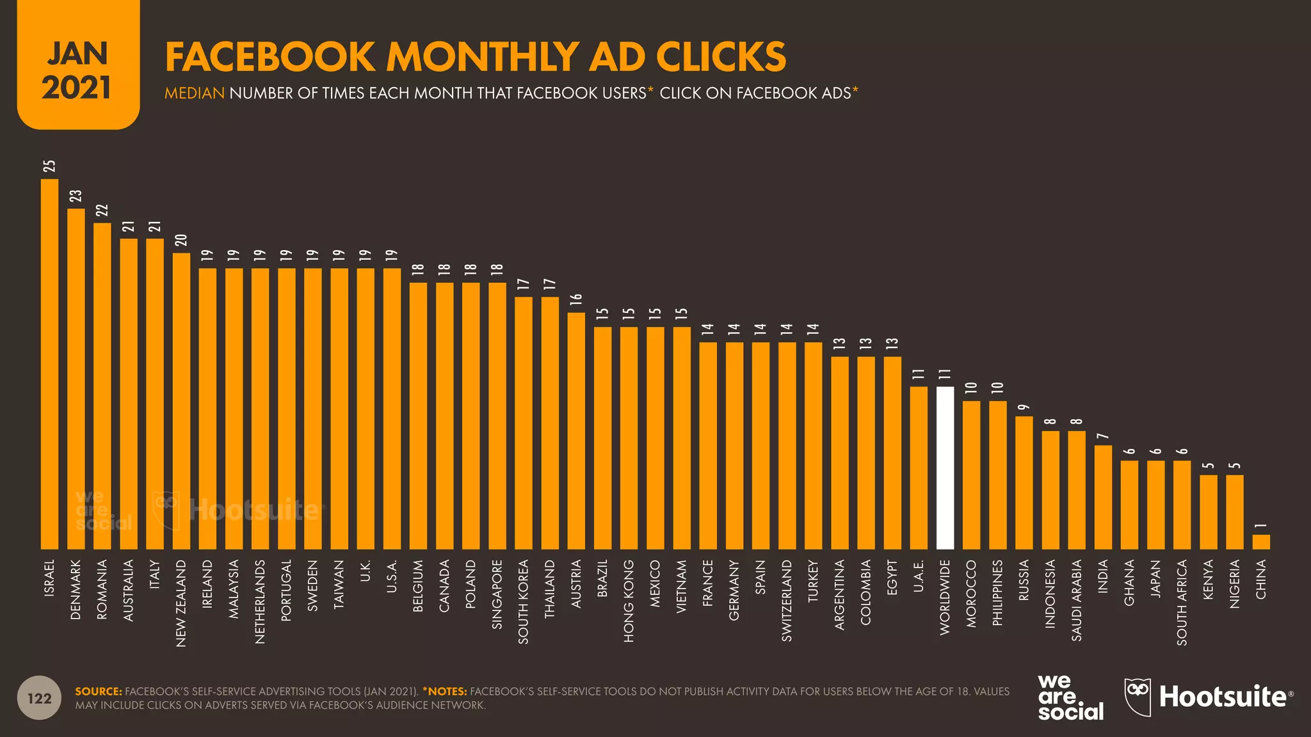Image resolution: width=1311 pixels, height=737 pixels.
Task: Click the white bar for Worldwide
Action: click(x=945, y=468)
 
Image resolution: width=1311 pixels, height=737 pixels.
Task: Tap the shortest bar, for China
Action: click(x=1260, y=542)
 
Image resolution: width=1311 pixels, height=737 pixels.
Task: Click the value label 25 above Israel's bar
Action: click(x=49, y=166)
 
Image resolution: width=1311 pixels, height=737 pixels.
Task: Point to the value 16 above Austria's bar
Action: click(x=576, y=299)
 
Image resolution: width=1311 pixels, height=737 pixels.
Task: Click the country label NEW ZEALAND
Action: click(x=181, y=603)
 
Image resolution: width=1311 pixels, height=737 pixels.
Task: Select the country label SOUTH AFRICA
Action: click(x=1182, y=602)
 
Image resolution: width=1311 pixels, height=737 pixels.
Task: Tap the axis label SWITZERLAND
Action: click(x=787, y=600)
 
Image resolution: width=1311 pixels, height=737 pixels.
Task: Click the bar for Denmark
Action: click(x=76, y=379)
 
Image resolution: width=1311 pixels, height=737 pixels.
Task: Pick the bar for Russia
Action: click(x=1024, y=482)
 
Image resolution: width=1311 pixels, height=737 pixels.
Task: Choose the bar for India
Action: click(x=1103, y=497)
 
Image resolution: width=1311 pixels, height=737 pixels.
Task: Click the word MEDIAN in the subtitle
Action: click(x=195, y=93)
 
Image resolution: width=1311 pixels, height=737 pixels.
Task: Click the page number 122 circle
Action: click(x=40, y=698)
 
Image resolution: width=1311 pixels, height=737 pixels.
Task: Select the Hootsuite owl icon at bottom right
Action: click(x=1138, y=696)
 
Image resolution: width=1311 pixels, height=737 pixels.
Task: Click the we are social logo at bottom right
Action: click(x=1070, y=697)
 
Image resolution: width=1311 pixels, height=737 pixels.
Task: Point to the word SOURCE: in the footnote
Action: click(x=99, y=692)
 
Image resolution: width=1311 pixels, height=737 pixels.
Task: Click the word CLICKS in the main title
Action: click(x=721, y=57)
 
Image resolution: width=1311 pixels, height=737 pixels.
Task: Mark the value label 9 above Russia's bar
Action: click(x=1024, y=407)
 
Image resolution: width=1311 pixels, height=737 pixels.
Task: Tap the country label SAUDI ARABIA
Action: click(x=1077, y=600)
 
